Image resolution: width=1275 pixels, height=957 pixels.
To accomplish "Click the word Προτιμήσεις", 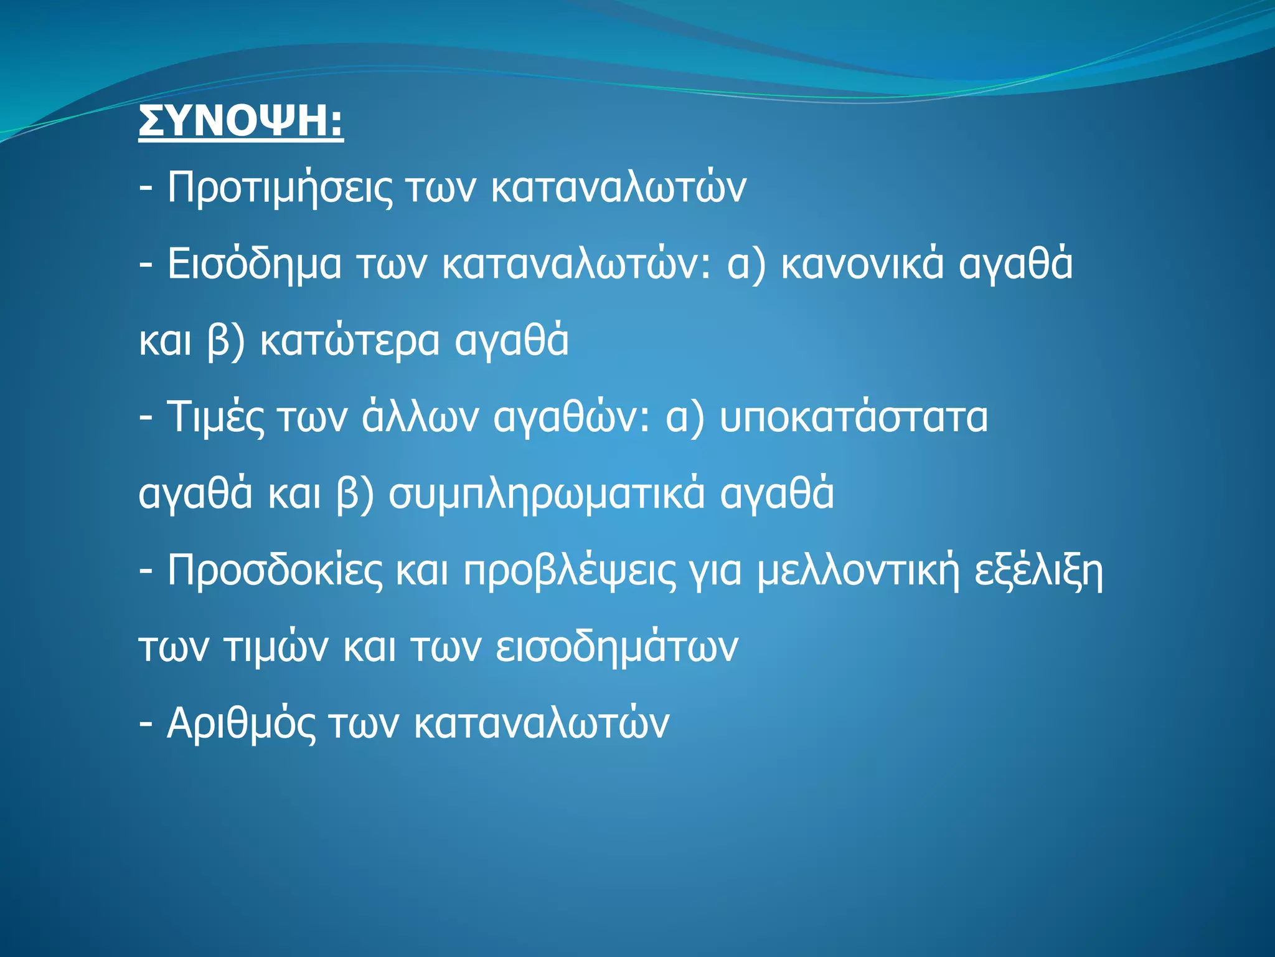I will (280, 188).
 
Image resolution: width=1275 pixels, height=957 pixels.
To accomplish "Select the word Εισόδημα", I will (254, 264).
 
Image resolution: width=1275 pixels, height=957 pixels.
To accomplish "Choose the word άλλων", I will (420, 417).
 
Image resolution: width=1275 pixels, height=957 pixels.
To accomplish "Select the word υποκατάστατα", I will (854, 417).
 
